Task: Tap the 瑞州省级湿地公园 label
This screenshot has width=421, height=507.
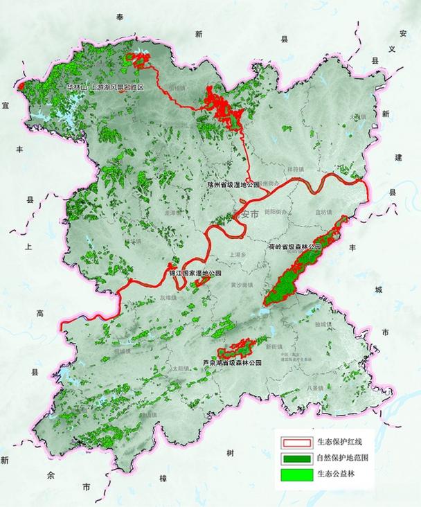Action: (x=233, y=185)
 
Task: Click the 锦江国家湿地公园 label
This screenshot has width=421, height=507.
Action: (x=196, y=274)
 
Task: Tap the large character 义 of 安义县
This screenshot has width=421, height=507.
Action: (x=392, y=49)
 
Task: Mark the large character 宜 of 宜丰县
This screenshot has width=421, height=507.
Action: (x=6, y=105)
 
